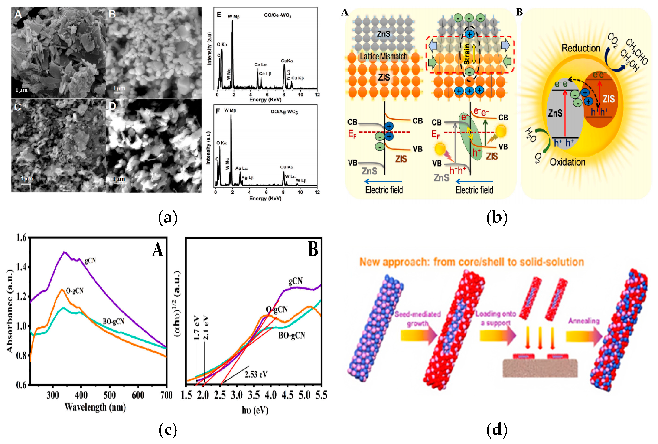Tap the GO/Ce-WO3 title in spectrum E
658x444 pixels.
pos(277,15)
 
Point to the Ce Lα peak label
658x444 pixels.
pos(260,65)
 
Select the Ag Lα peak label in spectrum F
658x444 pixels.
pos(241,169)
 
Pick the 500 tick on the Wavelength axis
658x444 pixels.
pos(110,395)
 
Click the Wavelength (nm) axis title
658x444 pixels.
pos(95,407)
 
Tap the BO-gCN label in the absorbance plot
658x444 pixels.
pos(113,322)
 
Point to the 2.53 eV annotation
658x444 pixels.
pos(256,374)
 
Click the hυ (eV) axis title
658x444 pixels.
pos(255,410)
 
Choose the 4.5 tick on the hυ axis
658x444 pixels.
pos(287,395)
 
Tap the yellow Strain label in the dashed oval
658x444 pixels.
pos(467,54)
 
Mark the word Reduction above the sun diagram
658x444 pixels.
pos(580,48)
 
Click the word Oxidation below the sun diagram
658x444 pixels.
pos(567,162)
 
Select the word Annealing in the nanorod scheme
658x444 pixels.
pos(584,321)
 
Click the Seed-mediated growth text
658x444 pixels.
pos(418,319)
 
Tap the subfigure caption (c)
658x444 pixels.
pos(168,430)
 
